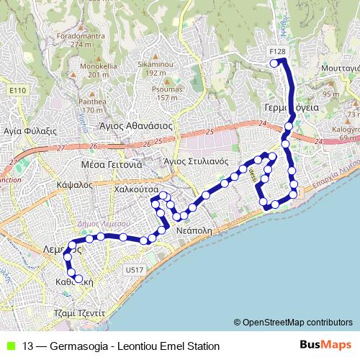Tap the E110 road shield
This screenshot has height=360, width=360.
(19, 90)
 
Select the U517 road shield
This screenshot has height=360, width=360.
(134, 270)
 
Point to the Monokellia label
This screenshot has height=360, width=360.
(84, 66)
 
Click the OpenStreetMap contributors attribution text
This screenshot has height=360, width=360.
(297, 322)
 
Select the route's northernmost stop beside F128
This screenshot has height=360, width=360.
(274, 63)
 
